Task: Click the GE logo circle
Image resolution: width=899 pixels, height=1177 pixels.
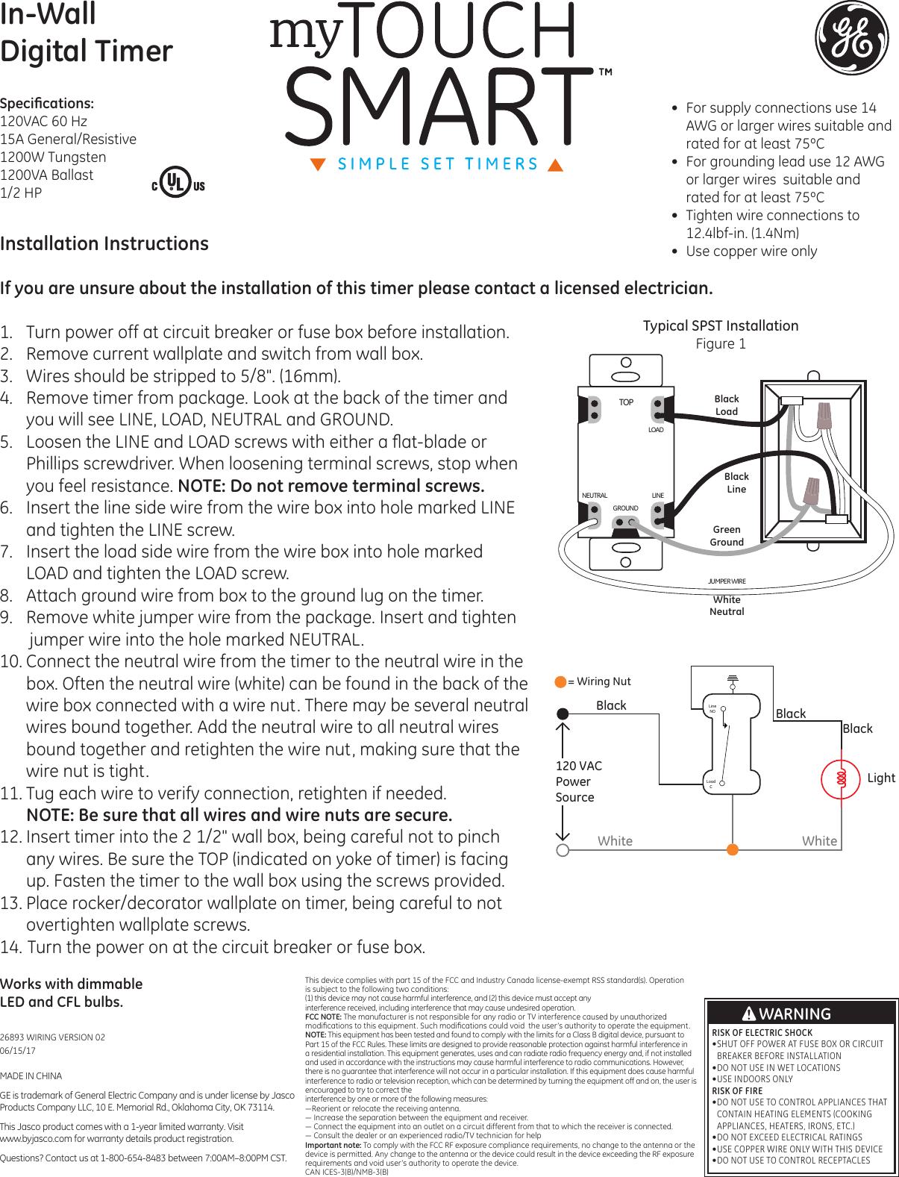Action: point(851,37)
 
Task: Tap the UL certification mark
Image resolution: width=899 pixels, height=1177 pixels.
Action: point(177,183)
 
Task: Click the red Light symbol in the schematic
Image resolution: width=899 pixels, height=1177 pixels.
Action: point(841,778)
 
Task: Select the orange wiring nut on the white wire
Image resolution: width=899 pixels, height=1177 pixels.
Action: point(733,849)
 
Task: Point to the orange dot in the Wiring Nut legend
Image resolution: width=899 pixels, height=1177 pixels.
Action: point(560,681)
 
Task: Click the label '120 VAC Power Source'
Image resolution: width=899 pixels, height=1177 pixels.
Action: point(578,781)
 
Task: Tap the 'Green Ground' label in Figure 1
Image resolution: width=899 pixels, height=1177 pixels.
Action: point(727,536)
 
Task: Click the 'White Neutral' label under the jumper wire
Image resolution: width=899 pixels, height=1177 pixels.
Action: point(727,605)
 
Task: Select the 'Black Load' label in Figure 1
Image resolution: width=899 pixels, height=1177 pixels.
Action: point(727,405)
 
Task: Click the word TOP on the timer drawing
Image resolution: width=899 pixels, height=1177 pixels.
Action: point(626,402)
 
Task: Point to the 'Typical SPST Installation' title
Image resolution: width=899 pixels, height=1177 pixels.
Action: point(721,325)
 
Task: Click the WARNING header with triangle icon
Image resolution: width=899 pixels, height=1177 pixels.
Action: point(787,1014)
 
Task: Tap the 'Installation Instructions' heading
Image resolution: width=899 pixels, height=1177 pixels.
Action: point(104,244)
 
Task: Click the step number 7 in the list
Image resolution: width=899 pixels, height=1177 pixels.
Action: point(7,552)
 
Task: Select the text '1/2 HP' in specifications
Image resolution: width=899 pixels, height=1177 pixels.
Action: point(21,193)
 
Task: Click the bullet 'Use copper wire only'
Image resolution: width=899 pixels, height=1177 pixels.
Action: point(751,252)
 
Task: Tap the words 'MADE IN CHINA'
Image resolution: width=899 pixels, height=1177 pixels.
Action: point(31,1075)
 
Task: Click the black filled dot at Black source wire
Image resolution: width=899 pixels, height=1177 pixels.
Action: point(563,714)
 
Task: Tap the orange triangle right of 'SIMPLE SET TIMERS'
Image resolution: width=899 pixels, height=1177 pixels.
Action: point(555,165)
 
